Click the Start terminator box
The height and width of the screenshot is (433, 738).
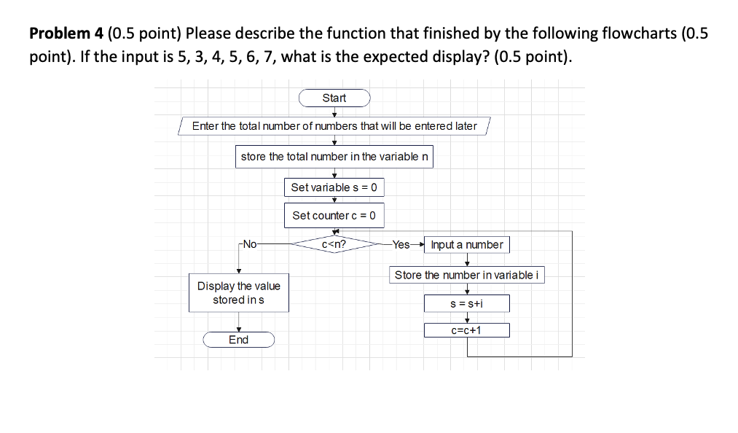[334, 98]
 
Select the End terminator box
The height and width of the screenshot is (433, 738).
[238, 340]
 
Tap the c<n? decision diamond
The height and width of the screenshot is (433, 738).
[334, 245]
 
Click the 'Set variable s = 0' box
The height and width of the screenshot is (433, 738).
[334, 187]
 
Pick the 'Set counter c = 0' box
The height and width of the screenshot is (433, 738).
[334, 215]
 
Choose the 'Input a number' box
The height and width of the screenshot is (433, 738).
[467, 245]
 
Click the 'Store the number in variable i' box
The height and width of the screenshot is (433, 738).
[467, 275]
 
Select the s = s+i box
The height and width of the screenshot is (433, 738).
[467, 303]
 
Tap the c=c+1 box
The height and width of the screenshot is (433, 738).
[467, 330]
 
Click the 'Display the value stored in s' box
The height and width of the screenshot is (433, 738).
[238, 293]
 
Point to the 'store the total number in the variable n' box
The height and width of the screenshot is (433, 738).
[334, 157]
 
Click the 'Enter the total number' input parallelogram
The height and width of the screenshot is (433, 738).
[334, 126]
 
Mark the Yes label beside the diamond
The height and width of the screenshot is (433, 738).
[401, 245]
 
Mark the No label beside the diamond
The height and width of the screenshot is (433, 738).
[249, 245]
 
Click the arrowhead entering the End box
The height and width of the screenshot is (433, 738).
[238, 329]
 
